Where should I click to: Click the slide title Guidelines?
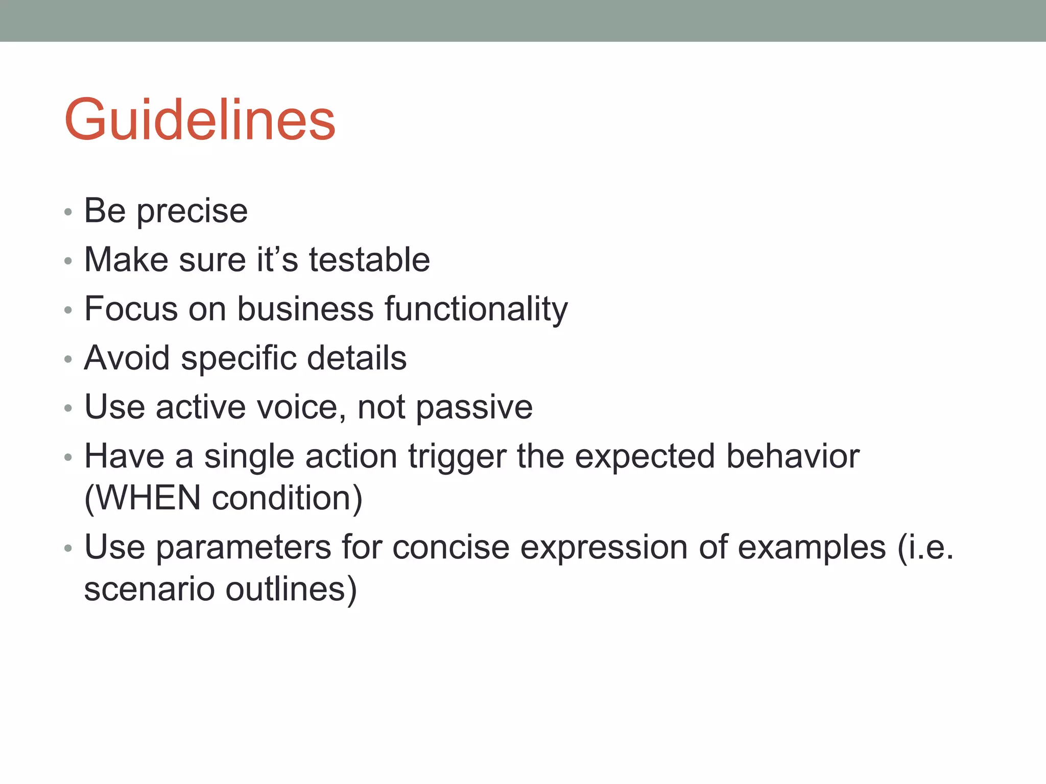[200, 120]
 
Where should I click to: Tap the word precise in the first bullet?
[192, 211]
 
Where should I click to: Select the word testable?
[369, 260]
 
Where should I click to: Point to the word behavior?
[793, 456]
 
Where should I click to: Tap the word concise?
[451, 547]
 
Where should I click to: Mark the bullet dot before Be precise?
[68, 212]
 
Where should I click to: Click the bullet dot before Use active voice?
[68, 408]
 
